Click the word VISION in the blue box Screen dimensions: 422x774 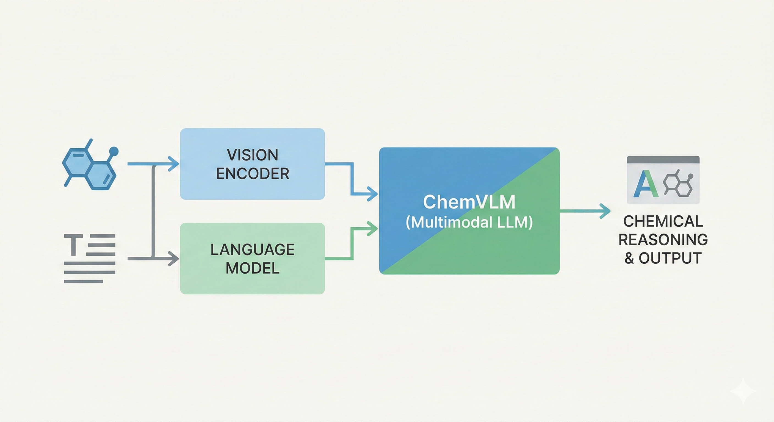[252, 155]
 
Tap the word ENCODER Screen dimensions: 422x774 [252, 174]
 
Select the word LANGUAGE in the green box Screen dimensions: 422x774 [252, 249]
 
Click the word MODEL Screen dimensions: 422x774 [252, 268]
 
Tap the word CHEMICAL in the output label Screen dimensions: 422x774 [663, 221]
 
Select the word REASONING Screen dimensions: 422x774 [663, 240]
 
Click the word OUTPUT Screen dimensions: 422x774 [670, 258]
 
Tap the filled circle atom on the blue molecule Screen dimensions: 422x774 [114, 151]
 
